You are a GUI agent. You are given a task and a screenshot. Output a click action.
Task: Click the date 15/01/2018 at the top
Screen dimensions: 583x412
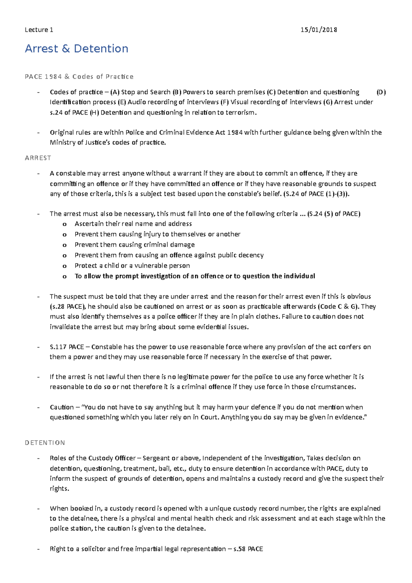pyautogui.click(x=318, y=30)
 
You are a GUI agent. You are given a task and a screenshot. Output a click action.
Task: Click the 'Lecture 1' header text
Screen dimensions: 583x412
pyautogui.click(x=39, y=30)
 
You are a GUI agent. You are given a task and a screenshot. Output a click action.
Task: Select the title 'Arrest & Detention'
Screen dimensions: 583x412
pyautogui.click(x=77, y=49)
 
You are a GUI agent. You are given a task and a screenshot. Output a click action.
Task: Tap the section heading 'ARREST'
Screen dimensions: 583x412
pyautogui.click(x=38, y=158)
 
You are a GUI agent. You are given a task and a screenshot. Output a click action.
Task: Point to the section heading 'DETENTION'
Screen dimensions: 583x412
pyautogui.click(x=45, y=443)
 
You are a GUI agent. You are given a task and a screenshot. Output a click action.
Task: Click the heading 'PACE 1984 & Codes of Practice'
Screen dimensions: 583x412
pyautogui.click(x=79, y=77)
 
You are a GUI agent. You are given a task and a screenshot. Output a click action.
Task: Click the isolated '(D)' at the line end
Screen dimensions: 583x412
pyautogui.click(x=381, y=92)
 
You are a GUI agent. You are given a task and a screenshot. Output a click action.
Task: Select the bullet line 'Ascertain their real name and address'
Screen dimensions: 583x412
pyautogui.click(x=133, y=224)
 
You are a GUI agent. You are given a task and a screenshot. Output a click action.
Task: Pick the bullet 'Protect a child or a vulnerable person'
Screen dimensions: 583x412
pyautogui.click(x=132, y=265)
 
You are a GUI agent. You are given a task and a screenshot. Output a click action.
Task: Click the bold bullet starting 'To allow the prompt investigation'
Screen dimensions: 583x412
pyautogui.click(x=195, y=276)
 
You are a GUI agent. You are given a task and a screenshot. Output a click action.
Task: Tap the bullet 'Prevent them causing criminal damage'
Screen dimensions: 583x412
pyautogui.click(x=135, y=244)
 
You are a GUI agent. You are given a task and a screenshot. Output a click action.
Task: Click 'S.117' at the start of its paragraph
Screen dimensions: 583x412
pyautogui.click(x=58, y=347)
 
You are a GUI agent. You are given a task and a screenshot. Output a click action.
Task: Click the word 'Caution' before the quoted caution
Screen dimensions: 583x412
pyautogui.click(x=61, y=407)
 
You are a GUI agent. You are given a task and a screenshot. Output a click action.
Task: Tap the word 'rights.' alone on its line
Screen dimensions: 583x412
pyautogui.click(x=59, y=489)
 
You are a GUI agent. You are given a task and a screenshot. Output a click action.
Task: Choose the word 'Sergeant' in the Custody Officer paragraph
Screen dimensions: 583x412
pyautogui.click(x=156, y=458)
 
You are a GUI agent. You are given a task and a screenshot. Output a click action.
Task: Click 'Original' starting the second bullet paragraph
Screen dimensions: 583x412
pyautogui.click(x=61, y=133)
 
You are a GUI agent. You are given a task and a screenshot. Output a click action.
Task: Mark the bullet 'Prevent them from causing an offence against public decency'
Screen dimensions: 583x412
pyautogui.click(x=169, y=255)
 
